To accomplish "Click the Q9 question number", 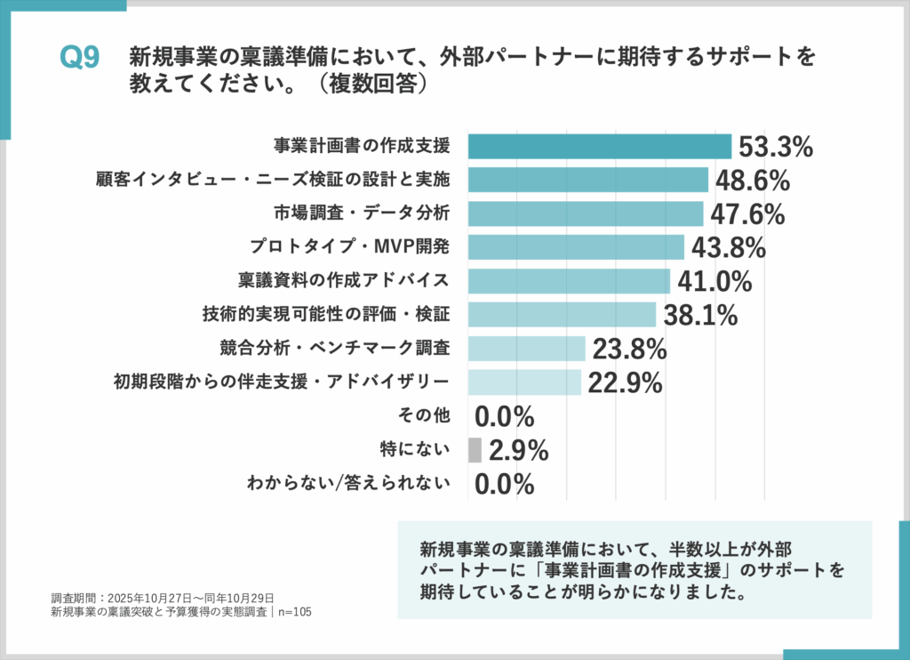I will [x=78, y=58].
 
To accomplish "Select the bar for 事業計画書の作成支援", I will [x=599, y=146].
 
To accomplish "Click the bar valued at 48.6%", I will [x=587, y=180].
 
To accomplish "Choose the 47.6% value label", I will [x=747, y=214].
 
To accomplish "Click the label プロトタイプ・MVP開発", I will [x=360, y=247].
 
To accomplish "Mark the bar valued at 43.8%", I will [x=576, y=247].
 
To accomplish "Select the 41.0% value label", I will [x=714, y=281].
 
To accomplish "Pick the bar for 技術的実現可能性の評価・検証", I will [x=562, y=315].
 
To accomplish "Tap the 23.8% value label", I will [x=629, y=349].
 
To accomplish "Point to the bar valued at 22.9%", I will [x=524, y=382].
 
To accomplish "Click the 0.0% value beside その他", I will [x=504, y=416].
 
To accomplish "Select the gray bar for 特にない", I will [x=475, y=450].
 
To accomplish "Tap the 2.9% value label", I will [x=518, y=450].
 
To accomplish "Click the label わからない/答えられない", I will [x=348, y=484].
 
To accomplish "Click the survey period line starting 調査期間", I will [x=163, y=597].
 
